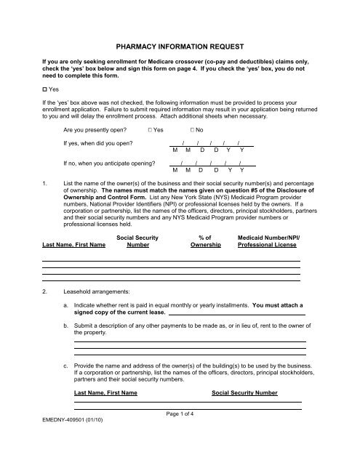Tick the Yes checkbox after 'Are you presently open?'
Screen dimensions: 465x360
click(149, 129)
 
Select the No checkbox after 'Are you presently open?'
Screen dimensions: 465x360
click(193, 129)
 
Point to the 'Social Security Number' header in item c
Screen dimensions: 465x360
click(244, 392)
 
